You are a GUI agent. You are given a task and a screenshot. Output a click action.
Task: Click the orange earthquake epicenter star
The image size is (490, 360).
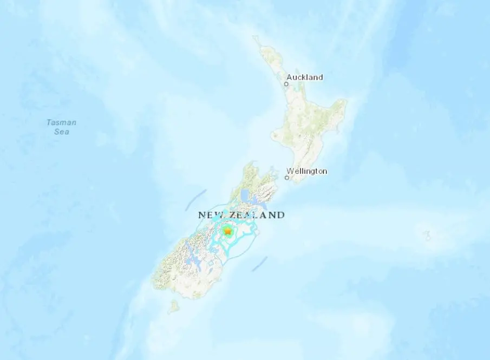tap(228, 232)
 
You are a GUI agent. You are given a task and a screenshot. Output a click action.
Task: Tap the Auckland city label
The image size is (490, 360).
tap(304, 77)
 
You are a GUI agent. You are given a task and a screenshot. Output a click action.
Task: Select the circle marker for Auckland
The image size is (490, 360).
tap(286, 84)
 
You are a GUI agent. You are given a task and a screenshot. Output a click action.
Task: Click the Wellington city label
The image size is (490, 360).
tap(307, 171)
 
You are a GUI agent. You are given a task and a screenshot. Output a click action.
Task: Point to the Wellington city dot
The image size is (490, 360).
tap(287, 178)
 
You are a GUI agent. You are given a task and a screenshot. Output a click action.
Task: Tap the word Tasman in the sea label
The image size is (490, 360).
tap(61, 122)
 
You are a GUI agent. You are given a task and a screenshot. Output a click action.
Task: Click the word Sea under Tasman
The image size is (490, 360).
tap(61, 132)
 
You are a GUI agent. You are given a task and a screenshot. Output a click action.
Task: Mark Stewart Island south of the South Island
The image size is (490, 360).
tap(173, 307)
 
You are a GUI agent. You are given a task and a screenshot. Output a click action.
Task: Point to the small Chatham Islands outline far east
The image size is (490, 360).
tap(428, 235)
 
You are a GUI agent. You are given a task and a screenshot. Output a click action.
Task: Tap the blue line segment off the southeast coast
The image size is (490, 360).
tap(260, 264)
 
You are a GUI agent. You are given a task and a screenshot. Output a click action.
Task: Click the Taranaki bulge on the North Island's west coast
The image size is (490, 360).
tap(276, 135)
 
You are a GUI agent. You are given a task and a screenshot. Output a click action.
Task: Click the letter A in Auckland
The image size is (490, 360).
tap(289, 77)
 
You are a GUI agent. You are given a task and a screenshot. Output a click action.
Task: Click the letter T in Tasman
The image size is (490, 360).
tap(49, 122)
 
